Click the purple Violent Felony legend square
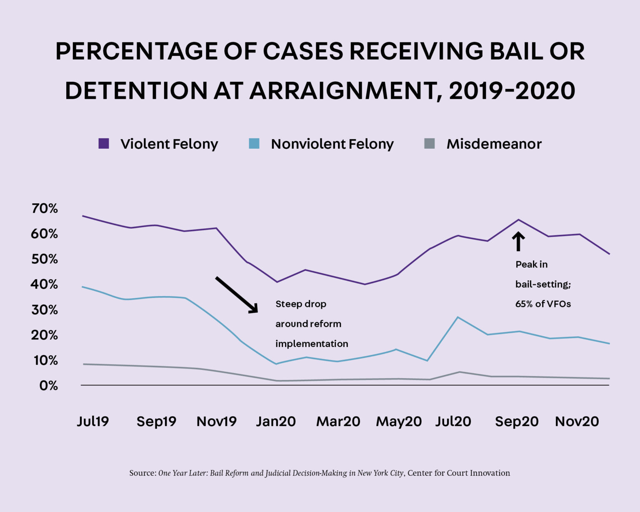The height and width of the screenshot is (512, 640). coord(103,144)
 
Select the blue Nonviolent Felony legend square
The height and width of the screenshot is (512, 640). coord(254,144)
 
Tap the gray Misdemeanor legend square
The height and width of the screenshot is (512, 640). coord(429,144)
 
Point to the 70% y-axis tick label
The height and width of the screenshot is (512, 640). coord(45,208)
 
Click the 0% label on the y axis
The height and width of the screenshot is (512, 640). coord(48,386)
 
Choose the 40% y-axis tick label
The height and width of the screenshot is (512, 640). coord(45,285)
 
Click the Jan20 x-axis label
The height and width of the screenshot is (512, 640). coord(275,421)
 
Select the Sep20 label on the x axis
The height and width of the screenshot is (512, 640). coord(516,421)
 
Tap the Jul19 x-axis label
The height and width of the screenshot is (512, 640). coord(92,421)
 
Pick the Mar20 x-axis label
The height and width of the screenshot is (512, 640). coord(338,421)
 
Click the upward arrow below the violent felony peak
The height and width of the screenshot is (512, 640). coord(518,242)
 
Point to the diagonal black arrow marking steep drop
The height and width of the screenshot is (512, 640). coord(237,295)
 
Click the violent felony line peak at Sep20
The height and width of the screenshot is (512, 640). coord(518,220)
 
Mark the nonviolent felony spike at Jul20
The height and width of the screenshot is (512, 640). coord(458,317)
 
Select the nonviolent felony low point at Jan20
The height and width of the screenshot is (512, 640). coord(276,364)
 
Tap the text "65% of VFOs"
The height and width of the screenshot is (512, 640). coord(543,304)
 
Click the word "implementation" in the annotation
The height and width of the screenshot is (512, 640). coord(311,344)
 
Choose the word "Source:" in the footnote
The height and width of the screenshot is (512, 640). coord(142,473)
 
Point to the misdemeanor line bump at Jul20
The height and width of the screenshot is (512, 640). coord(459,372)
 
